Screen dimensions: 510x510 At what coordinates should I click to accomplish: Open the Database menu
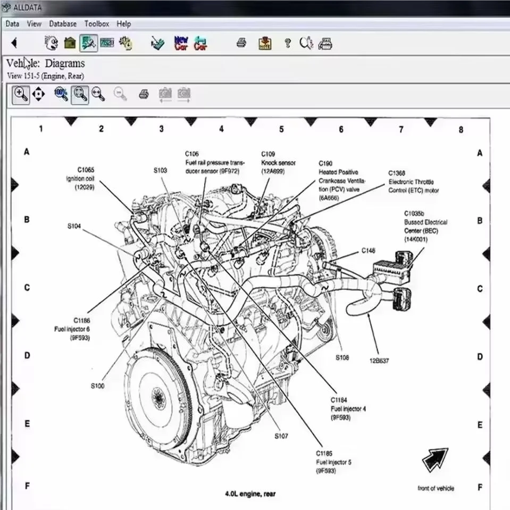pos(63,24)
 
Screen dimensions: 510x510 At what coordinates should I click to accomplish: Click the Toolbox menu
pos(96,24)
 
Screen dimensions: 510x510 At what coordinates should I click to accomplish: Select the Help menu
pos(123,24)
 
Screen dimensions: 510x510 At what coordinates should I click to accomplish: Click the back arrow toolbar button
pos(14,43)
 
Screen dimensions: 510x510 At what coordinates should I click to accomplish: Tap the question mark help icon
pos(288,43)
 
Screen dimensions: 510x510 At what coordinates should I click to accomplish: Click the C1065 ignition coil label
pos(81,178)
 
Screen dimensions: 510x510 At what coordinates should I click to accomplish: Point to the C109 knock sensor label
pos(278,162)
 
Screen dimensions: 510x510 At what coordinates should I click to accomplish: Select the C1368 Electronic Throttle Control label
pos(413,182)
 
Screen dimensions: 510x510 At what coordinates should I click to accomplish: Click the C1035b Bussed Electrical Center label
pos(425,226)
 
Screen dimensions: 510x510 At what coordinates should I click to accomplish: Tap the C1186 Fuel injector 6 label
pos(72,329)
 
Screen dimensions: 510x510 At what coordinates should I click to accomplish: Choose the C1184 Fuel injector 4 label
pos(348,408)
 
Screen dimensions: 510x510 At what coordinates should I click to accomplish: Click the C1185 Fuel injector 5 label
pos(333,462)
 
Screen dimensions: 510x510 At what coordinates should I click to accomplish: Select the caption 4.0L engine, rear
pos(250,494)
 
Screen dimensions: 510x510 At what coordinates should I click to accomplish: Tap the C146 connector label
pos(368,250)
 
